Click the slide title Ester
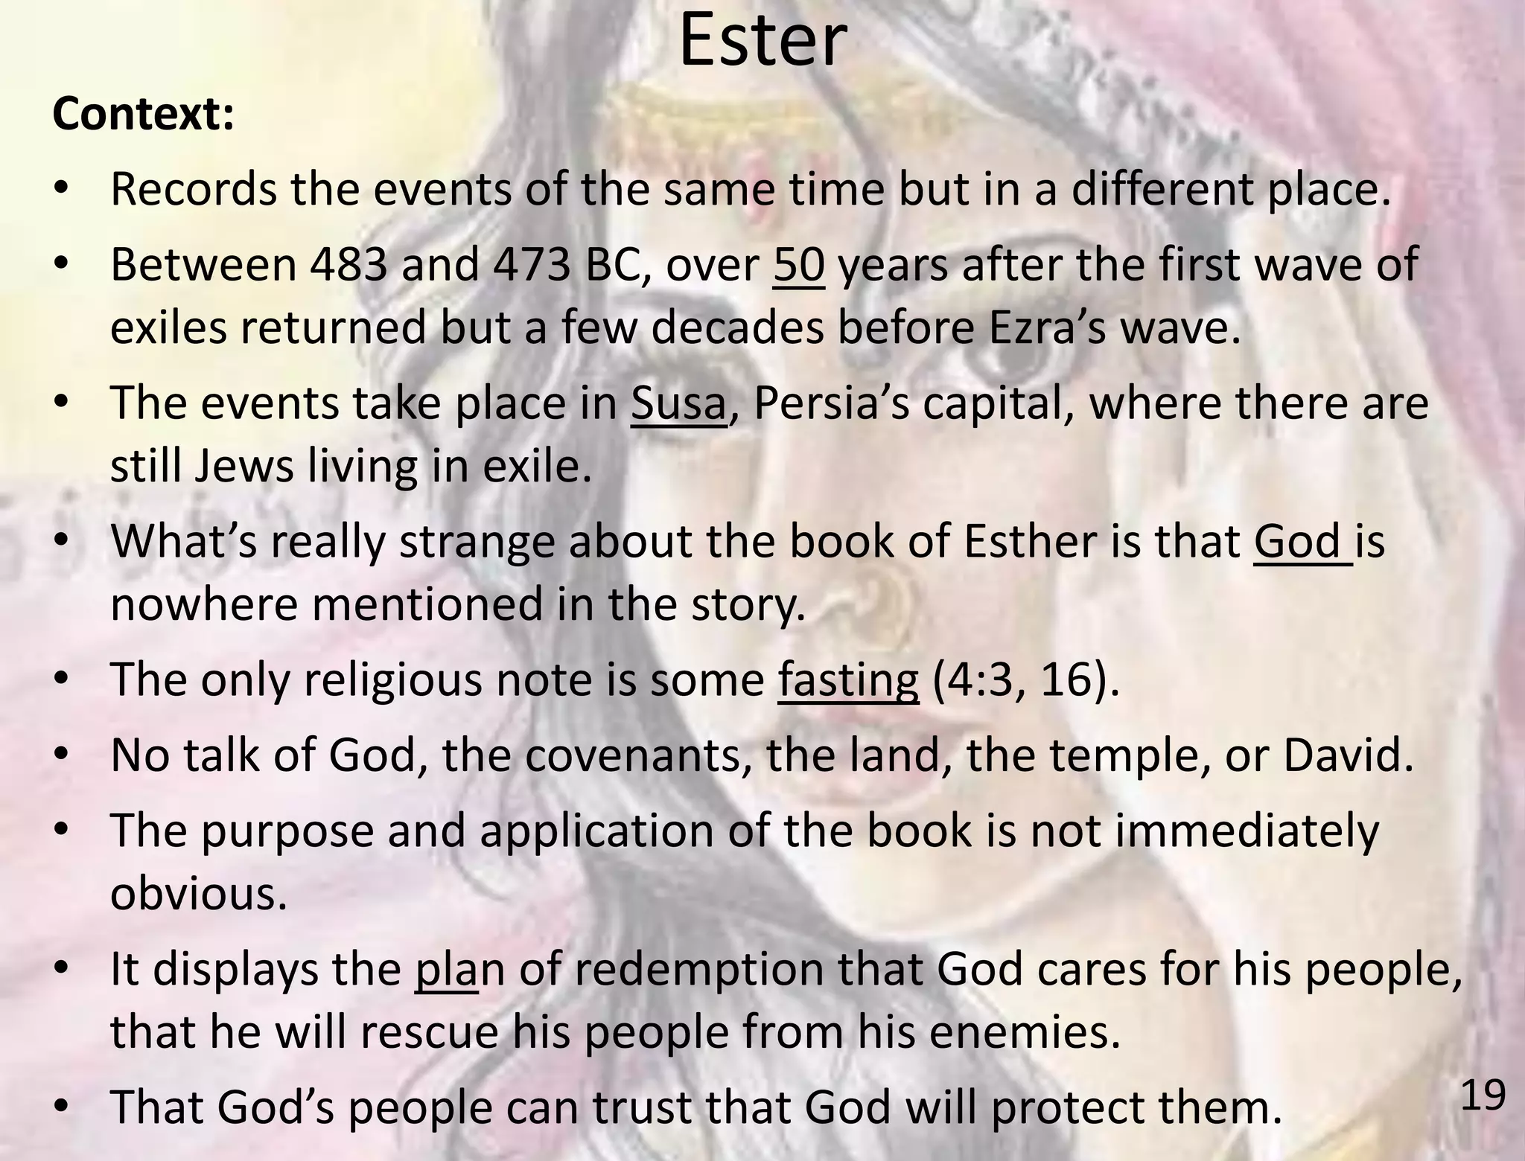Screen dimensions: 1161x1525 click(762, 41)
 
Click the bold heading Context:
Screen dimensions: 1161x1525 click(144, 115)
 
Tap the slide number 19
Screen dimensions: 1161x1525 click(1483, 1096)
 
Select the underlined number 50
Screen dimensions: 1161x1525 click(798, 264)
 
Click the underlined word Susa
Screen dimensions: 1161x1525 click(678, 403)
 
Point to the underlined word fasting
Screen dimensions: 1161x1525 click(848, 679)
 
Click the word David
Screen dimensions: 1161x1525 click(1347, 755)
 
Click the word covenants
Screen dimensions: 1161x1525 click(639, 755)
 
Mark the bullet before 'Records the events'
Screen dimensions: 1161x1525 click(62, 190)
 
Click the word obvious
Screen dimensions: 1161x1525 click(198, 893)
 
